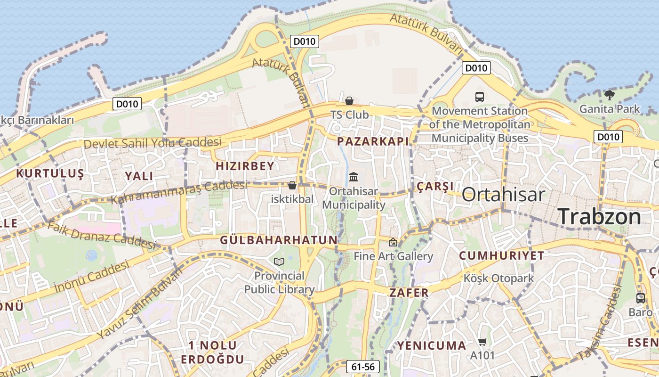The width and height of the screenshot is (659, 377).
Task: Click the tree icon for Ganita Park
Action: tap(609, 95)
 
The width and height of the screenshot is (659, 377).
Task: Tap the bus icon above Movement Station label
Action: tap(480, 97)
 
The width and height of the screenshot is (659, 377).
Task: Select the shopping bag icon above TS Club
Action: tap(349, 101)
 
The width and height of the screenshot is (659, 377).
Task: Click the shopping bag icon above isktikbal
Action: tap(292, 185)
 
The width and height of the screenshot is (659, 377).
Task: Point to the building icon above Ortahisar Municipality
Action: tap(354, 177)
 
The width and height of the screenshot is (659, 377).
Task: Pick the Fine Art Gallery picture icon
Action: tap(393, 242)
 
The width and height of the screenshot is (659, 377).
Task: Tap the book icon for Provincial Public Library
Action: tap(279, 261)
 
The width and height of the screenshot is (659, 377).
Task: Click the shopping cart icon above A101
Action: tap(482, 342)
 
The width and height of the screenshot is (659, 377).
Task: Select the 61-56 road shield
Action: tap(363, 367)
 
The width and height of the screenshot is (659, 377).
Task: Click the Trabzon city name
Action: tap(600, 216)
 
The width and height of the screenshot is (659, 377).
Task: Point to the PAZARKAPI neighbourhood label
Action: tap(373, 141)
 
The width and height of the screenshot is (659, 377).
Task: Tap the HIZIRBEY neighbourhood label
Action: tap(245, 166)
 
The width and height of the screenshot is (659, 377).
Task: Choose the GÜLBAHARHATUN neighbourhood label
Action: tap(279, 240)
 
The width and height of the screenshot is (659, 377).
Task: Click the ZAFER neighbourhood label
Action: tap(409, 293)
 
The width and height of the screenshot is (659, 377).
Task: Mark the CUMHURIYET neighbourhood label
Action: tap(501, 256)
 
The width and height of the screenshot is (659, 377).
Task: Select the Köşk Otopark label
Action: tap(499, 278)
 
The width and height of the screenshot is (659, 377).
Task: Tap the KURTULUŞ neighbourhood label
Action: tap(50, 173)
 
